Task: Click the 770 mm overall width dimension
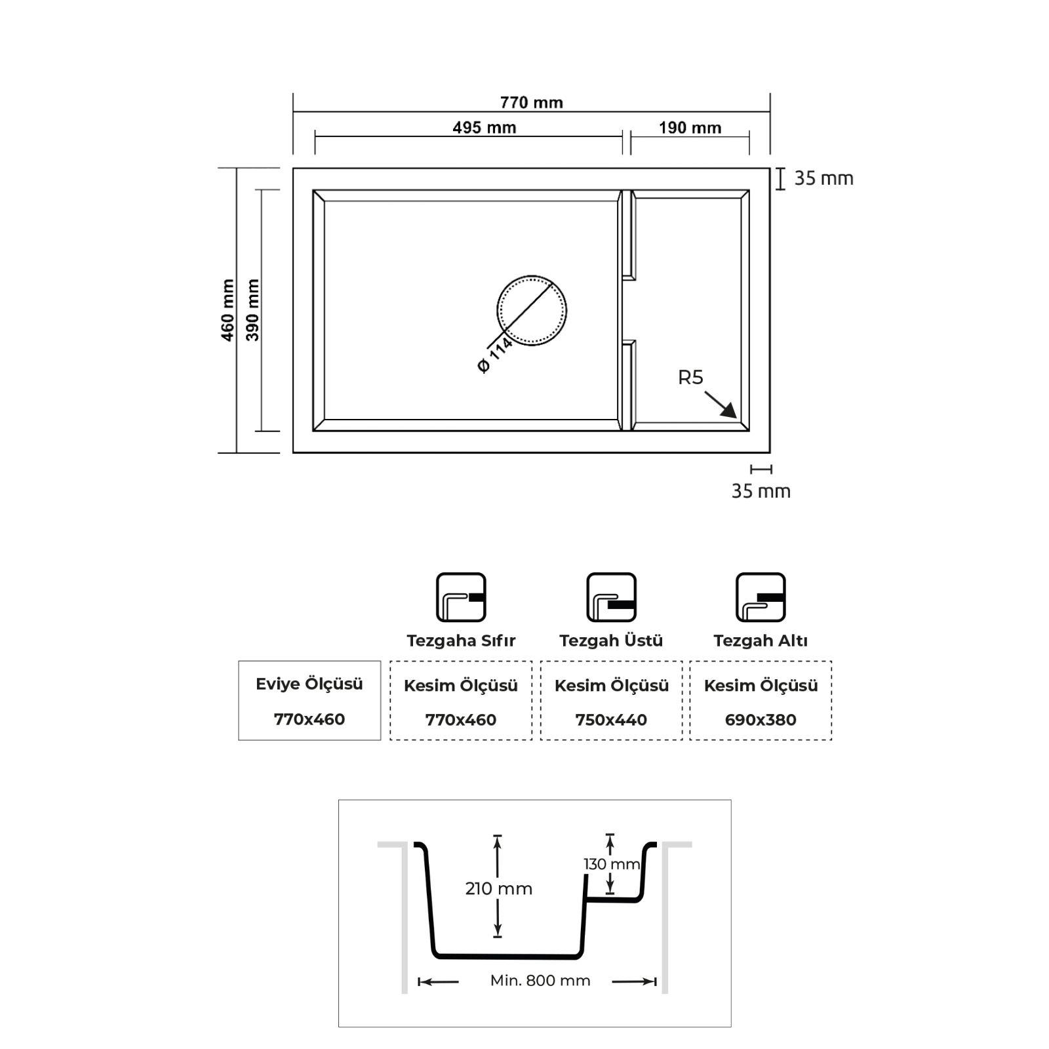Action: coord(531,102)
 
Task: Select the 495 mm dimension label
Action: coord(485,127)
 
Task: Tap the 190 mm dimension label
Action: coord(690,127)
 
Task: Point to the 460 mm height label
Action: coord(228,310)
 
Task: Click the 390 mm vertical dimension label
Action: coord(252,310)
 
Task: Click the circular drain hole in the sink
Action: coord(532,310)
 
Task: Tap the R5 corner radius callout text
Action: coord(690,378)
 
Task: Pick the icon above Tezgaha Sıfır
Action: coord(461,597)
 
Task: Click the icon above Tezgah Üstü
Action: coord(611,597)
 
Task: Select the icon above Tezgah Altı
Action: coord(761,597)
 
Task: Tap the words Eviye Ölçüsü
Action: coord(309,684)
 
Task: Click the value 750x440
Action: coord(611,720)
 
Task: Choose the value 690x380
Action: coord(761,720)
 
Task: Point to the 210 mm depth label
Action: coord(499,889)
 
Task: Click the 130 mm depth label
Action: coord(612,864)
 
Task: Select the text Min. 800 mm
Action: coord(540,981)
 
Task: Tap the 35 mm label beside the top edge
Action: coord(824,178)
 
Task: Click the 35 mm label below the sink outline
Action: coord(761,491)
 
